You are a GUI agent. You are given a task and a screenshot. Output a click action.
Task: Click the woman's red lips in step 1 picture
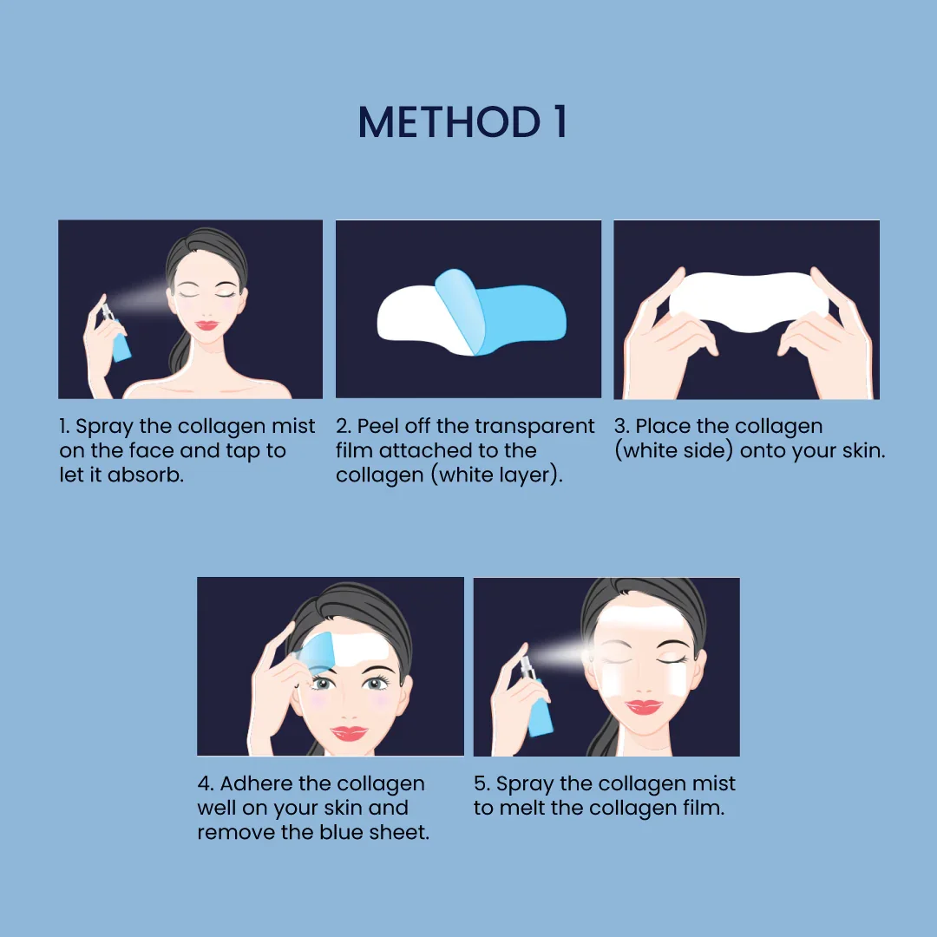(206, 326)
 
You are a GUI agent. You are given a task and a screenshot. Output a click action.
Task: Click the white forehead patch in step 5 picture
(642, 624)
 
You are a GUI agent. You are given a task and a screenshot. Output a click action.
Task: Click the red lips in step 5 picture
(643, 706)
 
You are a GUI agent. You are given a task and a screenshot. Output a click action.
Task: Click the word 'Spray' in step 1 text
(103, 427)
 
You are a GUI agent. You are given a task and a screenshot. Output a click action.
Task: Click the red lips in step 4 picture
(349, 734)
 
